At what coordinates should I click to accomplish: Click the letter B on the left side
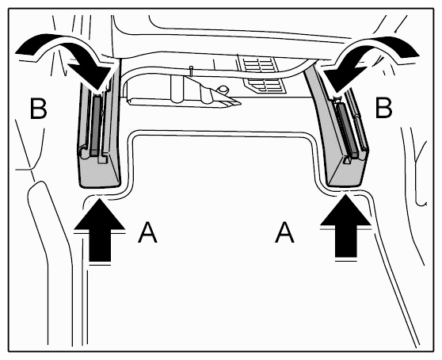point(38,109)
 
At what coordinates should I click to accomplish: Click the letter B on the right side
point(384,108)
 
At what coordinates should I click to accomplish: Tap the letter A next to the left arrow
point(147,232)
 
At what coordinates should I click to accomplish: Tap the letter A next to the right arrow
point(284,232)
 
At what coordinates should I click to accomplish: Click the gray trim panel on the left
point(99,127)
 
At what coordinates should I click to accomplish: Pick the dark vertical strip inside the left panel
point(96,125)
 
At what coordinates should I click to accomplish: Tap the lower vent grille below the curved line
point(265,86)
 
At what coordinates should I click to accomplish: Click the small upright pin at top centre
point(192,71)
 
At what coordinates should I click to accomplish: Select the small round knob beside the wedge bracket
point(223,89)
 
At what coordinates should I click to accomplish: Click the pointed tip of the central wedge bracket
point(241,104)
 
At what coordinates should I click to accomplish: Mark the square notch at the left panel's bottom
point(101,159)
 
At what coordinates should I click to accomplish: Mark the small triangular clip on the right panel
point(347,160)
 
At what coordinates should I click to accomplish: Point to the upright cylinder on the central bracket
point(177,89)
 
